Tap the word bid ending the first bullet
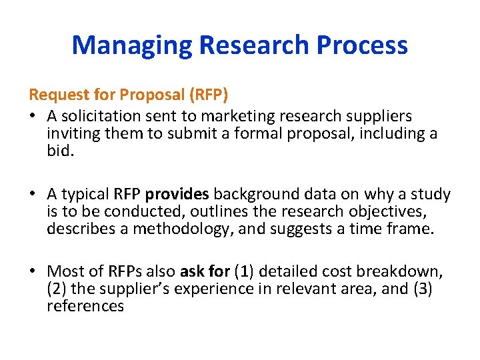59,151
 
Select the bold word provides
177,194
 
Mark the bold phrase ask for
205,271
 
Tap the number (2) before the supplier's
57,289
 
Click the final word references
85,306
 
